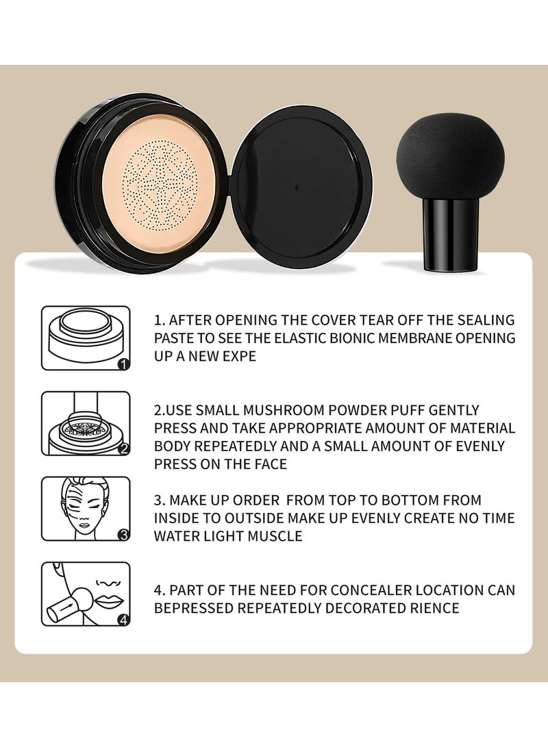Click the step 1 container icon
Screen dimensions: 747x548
click(86, 338)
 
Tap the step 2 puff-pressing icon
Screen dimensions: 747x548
click(86, 423)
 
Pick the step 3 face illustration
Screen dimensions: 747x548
click(86, 509)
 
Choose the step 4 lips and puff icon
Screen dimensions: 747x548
click(86, 594)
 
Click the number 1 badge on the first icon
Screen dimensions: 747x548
click(123, 364)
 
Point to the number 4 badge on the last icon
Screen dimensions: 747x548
click(123, 620)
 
